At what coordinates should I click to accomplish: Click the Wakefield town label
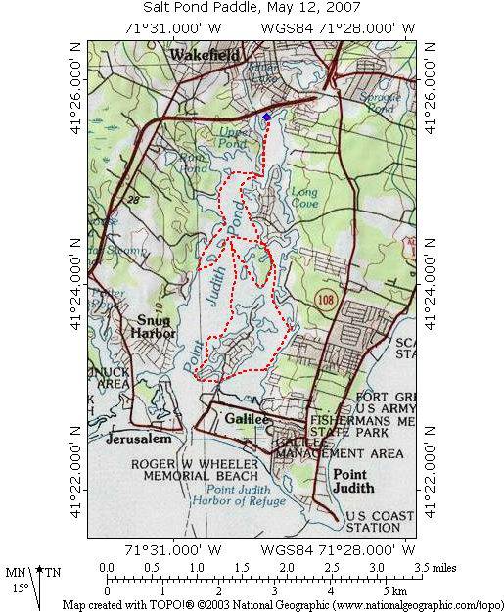tap(205, 56)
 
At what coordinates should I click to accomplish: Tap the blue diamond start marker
tap(266, 117)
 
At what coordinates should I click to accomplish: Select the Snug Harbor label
tap(155, 326)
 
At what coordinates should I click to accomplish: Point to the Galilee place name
tap(245, 419)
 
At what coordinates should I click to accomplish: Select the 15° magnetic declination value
tap(22, 589)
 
